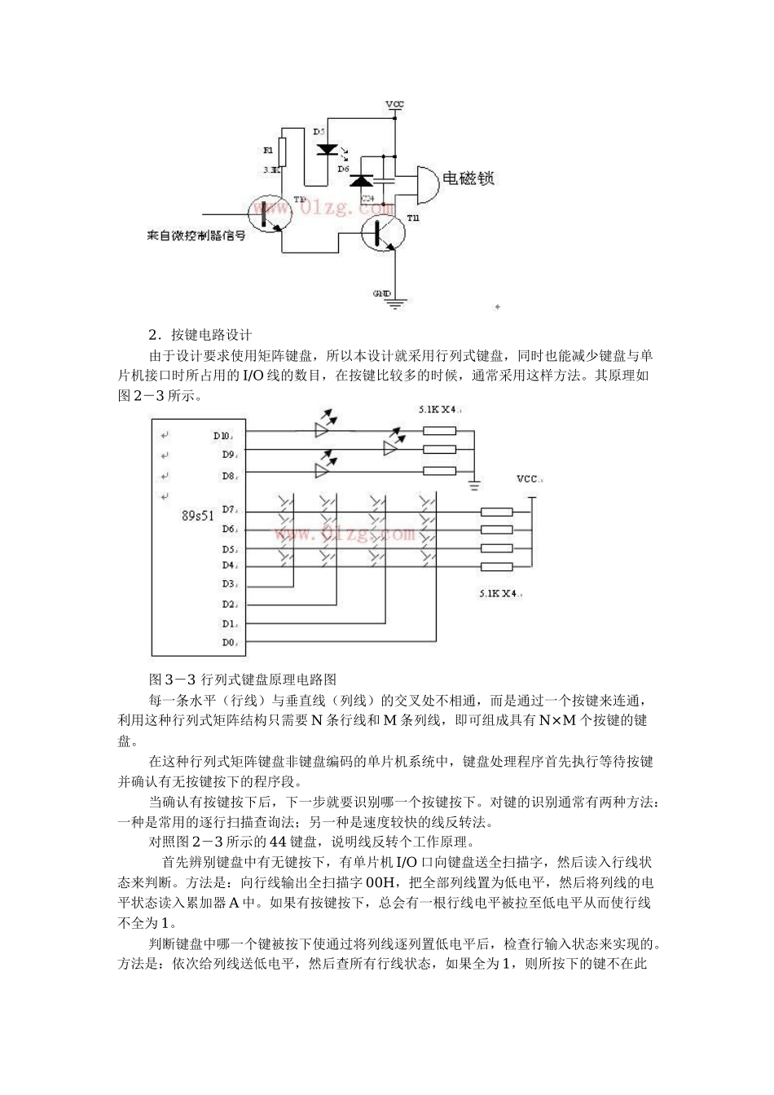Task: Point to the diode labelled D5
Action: (328, 149)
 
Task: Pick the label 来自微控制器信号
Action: (196, 235)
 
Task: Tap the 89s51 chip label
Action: (198, 516)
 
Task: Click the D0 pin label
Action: (227, 643)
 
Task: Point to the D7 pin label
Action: (227, 509)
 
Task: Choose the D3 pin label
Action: (227, 583)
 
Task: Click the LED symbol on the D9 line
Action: (394, 447)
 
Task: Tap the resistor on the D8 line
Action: (439, 470)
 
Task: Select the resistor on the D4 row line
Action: (496, 567)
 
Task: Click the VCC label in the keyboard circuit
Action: (529, 479)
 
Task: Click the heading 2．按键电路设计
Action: (200, 335)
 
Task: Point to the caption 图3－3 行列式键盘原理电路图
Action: (243, 679)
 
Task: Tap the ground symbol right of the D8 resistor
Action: (473, 486)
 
